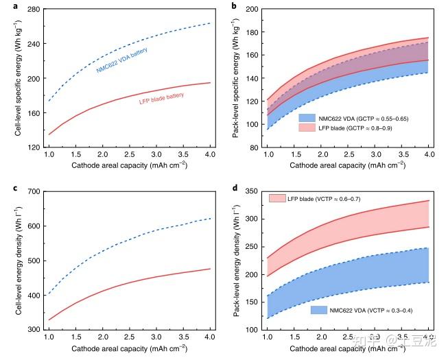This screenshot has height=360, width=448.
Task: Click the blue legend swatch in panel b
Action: pyautogui.click(x=307, y=117)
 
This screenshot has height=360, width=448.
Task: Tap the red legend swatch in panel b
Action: pyautogui.click(x=307, y=128)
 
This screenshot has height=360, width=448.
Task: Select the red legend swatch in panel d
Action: pyautogui.click(x=278, y=199)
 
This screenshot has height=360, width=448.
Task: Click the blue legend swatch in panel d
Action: pyautogui.click(x=318, y=311)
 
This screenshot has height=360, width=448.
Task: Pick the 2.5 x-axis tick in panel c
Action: pyautogui.click(x=129, y=338)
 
